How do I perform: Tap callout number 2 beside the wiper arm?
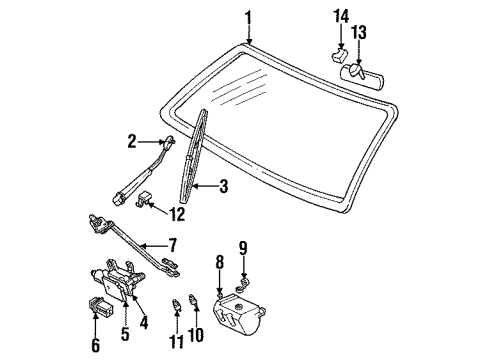pyautogui.click(x=132, y=143)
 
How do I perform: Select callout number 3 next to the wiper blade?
pyautogui.click(x=224, y=185)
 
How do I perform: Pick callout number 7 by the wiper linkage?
pyautogui.click(x=172, y=244)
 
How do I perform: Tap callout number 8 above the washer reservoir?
pyautogui.click(x=220, y=265)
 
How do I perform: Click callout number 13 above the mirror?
pyautogui.click(x=359, y=35)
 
